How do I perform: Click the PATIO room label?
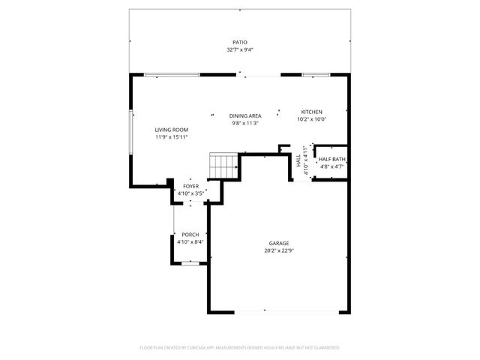(x=239, y=43)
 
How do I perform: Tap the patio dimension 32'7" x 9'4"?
(x=239, y=50)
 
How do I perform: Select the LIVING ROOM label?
(x=171, y=130)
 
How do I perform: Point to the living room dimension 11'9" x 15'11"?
(x=171, y=137)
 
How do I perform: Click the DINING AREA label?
(x=245, y=115)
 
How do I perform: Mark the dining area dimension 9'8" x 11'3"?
(x=245, y=123)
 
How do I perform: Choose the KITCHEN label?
(x=311, y=112)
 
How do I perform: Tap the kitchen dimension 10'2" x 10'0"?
(x=311, y=119)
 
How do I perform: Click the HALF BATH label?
(x=331, y=159)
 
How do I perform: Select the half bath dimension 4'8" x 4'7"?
(x=331, y=166)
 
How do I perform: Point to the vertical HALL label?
(x=298, y=160)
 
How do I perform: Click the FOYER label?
(x=190, y=185)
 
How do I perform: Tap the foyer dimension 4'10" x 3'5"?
(x=190, y=193)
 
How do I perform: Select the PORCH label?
(x=190, y=235)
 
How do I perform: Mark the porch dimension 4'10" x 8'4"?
(x=190, y=242)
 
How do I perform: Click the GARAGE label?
(x=279, y=244)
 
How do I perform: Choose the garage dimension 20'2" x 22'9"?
(x=279, y=251)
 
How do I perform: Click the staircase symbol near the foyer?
(x=223, y=166)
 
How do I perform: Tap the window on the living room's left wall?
(x=132, y=132)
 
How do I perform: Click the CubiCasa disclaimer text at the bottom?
(x=240, y=348)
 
